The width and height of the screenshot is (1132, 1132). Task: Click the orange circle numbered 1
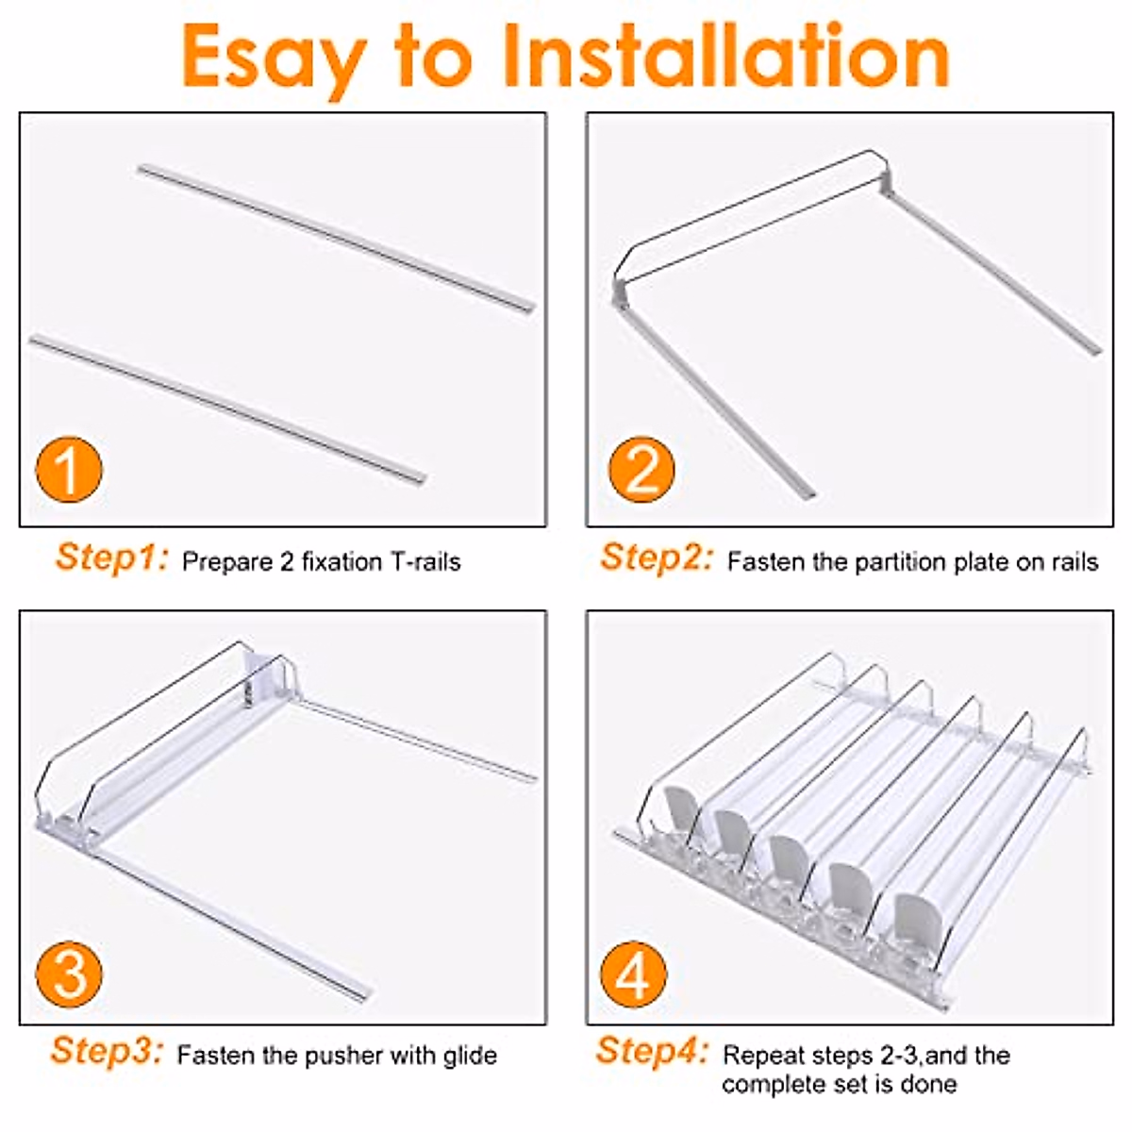(x=69, y=470)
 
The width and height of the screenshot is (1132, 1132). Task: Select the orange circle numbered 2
(x=641, y=470)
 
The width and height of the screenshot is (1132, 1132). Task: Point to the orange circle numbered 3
(x=69, y=974)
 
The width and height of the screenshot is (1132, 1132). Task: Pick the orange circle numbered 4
(x=633, y=974)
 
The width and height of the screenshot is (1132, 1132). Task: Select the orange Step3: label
(x=107, y=1051)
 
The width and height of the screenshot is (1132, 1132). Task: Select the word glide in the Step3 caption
(x=470, y=1056)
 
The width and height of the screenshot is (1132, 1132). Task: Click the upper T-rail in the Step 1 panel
(x=336, y=239)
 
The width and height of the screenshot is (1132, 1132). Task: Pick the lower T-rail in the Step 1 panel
(x=228, y=408)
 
